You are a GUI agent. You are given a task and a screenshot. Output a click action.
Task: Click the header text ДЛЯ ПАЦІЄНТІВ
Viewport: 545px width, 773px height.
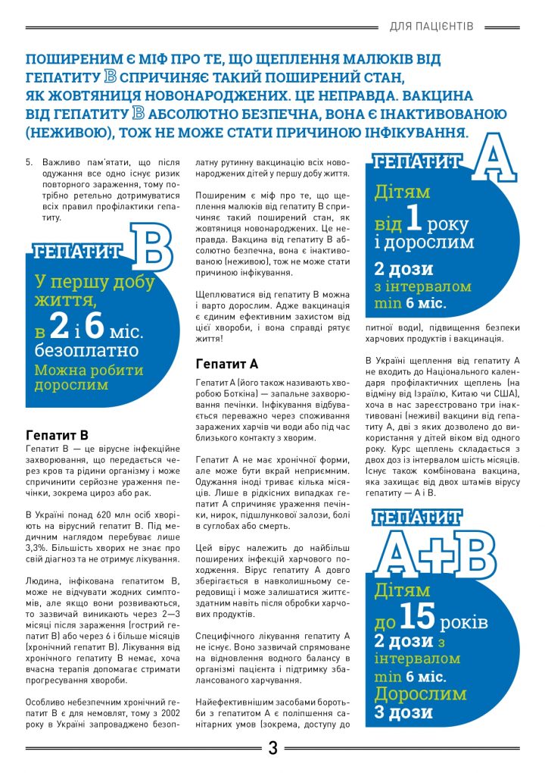431,27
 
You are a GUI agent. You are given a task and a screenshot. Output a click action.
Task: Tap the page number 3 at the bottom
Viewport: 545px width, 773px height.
272,750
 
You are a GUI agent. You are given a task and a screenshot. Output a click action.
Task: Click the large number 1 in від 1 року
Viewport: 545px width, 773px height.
412,221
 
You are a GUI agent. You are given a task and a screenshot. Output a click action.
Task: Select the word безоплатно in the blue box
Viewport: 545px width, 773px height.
86,351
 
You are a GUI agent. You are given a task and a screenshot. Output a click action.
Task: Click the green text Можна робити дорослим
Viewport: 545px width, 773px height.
88,377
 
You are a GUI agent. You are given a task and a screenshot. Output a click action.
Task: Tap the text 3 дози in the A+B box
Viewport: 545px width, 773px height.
403,712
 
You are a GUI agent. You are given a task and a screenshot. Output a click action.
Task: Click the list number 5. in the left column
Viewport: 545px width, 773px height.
30,162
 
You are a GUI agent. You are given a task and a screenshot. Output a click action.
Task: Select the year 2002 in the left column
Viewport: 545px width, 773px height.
171,714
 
